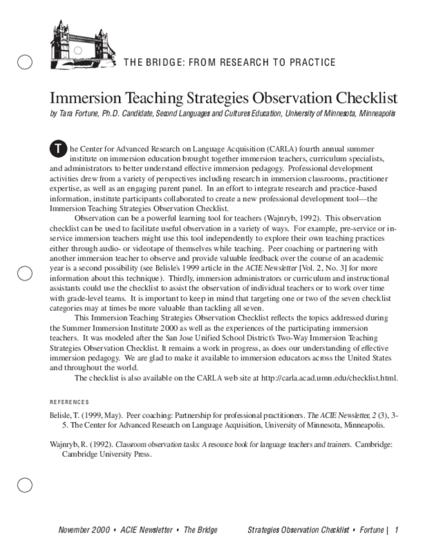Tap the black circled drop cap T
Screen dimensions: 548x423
57,149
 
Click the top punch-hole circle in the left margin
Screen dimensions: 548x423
25,62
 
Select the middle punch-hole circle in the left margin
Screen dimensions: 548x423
25,273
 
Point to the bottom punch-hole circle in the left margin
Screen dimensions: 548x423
25,485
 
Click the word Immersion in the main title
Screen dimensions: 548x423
85,98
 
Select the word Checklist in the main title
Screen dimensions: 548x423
365,98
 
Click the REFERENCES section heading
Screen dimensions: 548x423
69,401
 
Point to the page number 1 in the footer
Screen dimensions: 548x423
397,530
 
